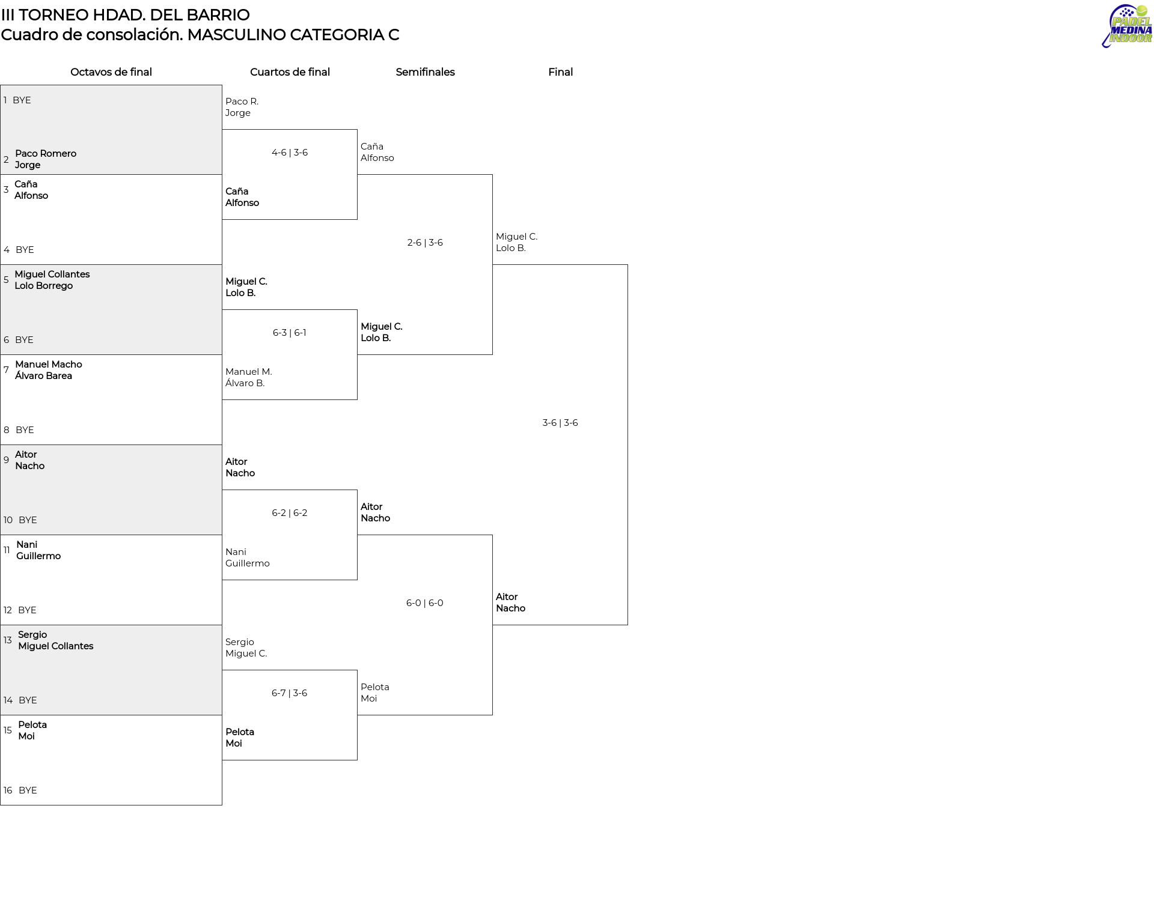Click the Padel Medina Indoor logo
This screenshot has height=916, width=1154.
point(1127,26)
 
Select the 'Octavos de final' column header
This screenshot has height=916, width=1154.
point(111,72)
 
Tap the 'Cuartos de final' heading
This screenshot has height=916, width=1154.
point(290,72)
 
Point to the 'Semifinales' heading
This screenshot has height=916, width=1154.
point(425,72)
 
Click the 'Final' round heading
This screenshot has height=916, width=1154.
point(560,72)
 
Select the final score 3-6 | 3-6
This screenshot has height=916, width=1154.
point(560,423)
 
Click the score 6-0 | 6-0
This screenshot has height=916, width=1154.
point(425,603)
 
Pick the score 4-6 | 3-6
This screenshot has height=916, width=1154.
point(290,153)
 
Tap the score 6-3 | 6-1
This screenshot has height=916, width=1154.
point(290,333)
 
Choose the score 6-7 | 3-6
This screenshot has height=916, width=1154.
point(290,693)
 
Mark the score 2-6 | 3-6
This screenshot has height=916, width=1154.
point(425,243)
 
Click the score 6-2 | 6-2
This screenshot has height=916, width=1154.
point(290,513)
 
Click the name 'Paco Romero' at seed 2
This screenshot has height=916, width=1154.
point(46,154)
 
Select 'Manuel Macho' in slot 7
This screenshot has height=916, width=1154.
point(49,365)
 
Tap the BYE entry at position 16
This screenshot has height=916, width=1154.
point(28,790)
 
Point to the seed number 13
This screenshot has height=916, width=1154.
point(7,640)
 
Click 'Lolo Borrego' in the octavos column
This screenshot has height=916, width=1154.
point(44,286)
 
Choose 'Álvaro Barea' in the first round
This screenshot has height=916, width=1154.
point(43,376)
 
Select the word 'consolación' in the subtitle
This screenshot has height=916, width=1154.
point(141,35)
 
